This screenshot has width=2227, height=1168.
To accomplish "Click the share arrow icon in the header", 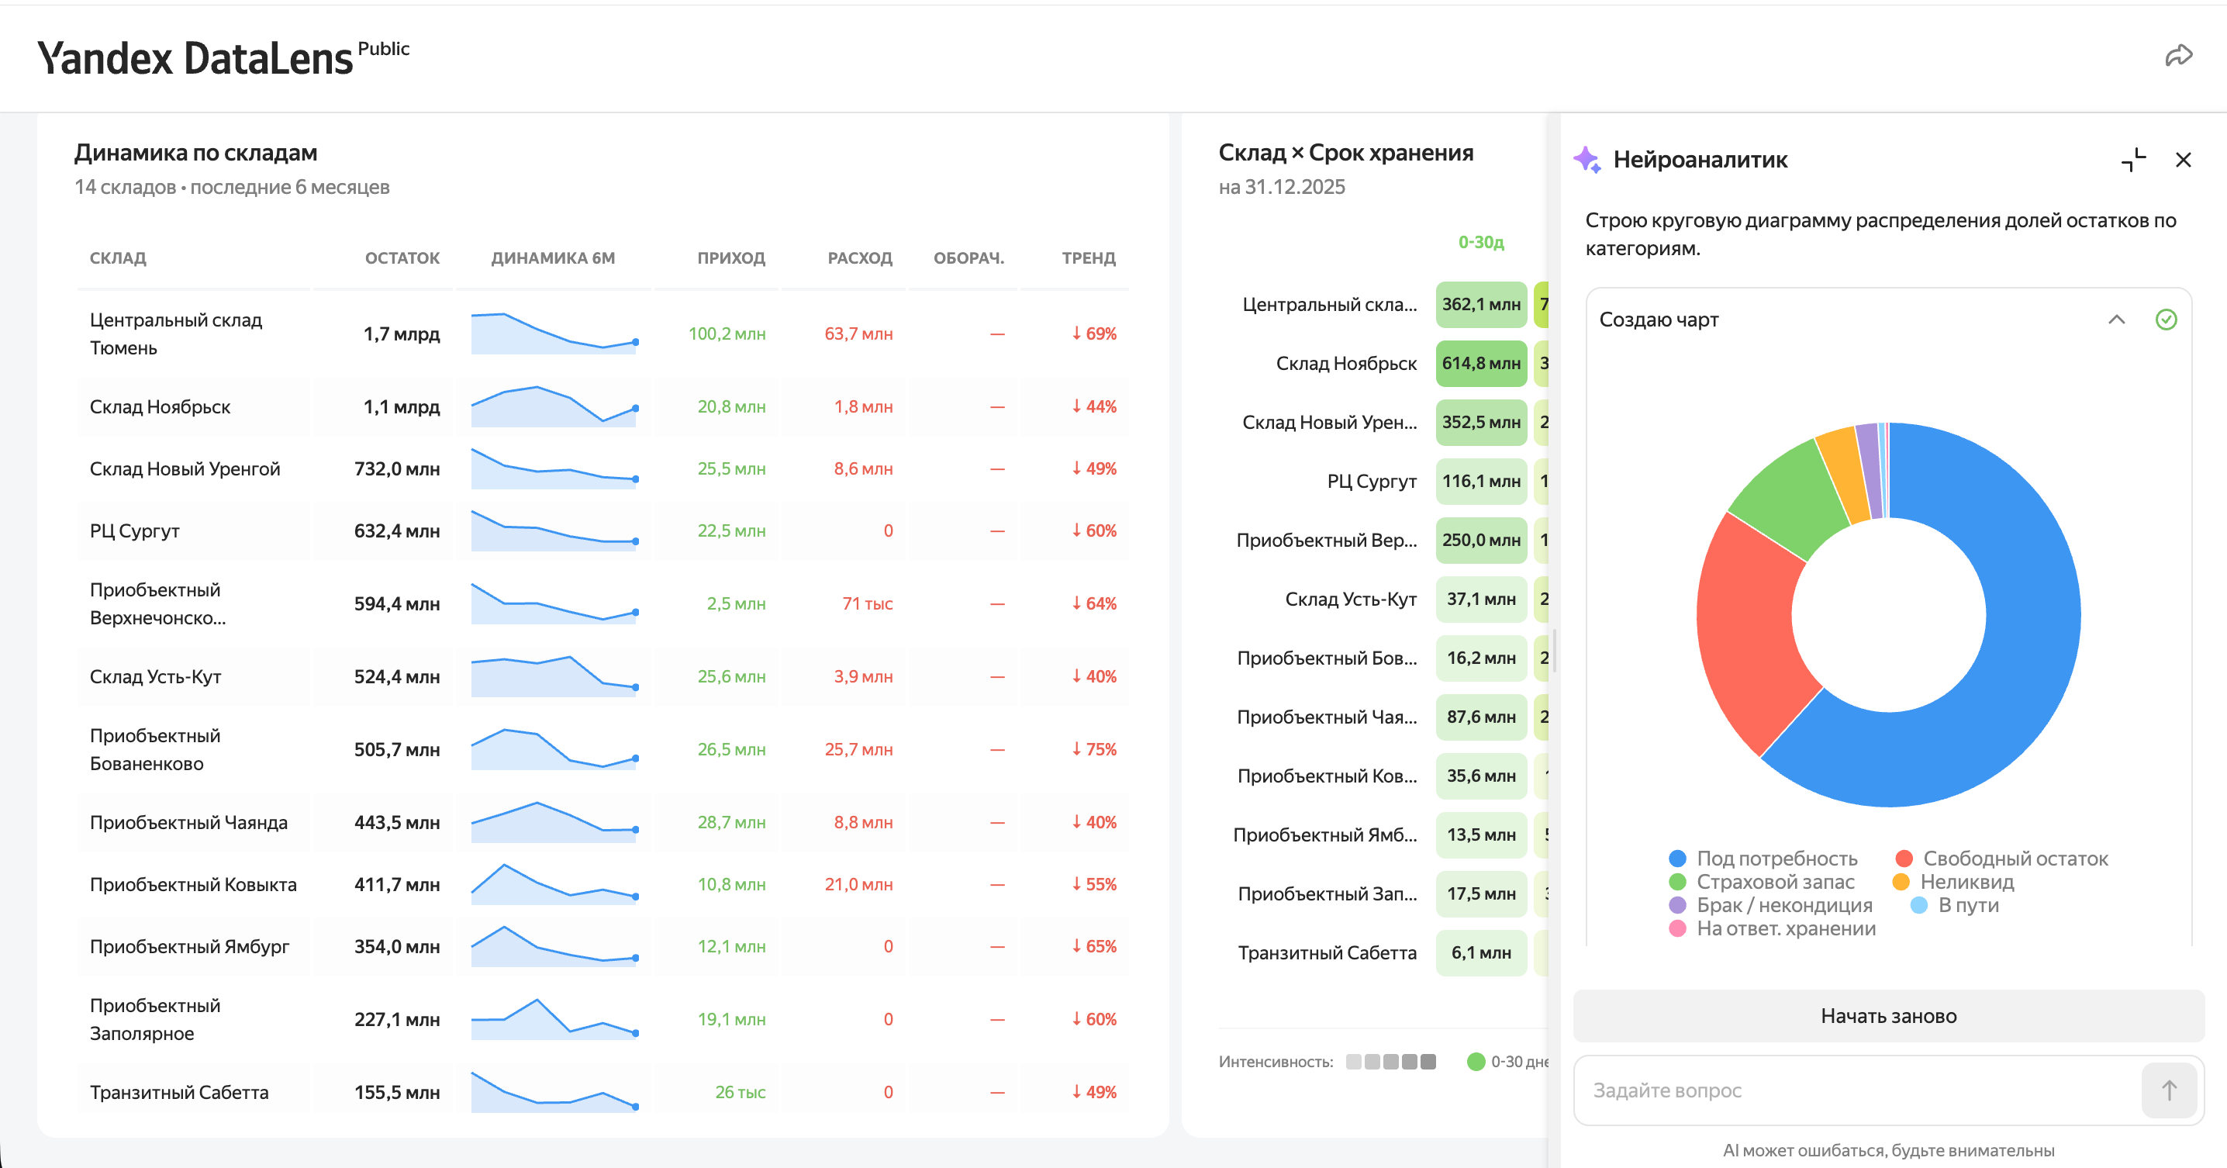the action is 2179,56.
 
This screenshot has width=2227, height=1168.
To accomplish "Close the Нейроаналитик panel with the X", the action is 2183,160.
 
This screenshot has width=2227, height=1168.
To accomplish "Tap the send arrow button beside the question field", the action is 2169,1090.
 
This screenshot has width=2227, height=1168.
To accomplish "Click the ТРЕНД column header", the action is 1089,257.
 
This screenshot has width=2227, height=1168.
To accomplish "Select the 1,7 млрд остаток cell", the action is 401,333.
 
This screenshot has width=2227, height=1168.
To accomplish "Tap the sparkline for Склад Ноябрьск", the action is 554,406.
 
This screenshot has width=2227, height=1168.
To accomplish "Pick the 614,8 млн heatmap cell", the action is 1481,363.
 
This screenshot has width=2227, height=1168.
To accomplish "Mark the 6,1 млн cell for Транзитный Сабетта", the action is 1481,952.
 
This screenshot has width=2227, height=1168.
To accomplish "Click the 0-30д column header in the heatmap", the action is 1481,242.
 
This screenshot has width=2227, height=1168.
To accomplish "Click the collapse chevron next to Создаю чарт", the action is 2116,319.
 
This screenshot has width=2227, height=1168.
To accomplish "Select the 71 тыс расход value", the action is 867,603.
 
